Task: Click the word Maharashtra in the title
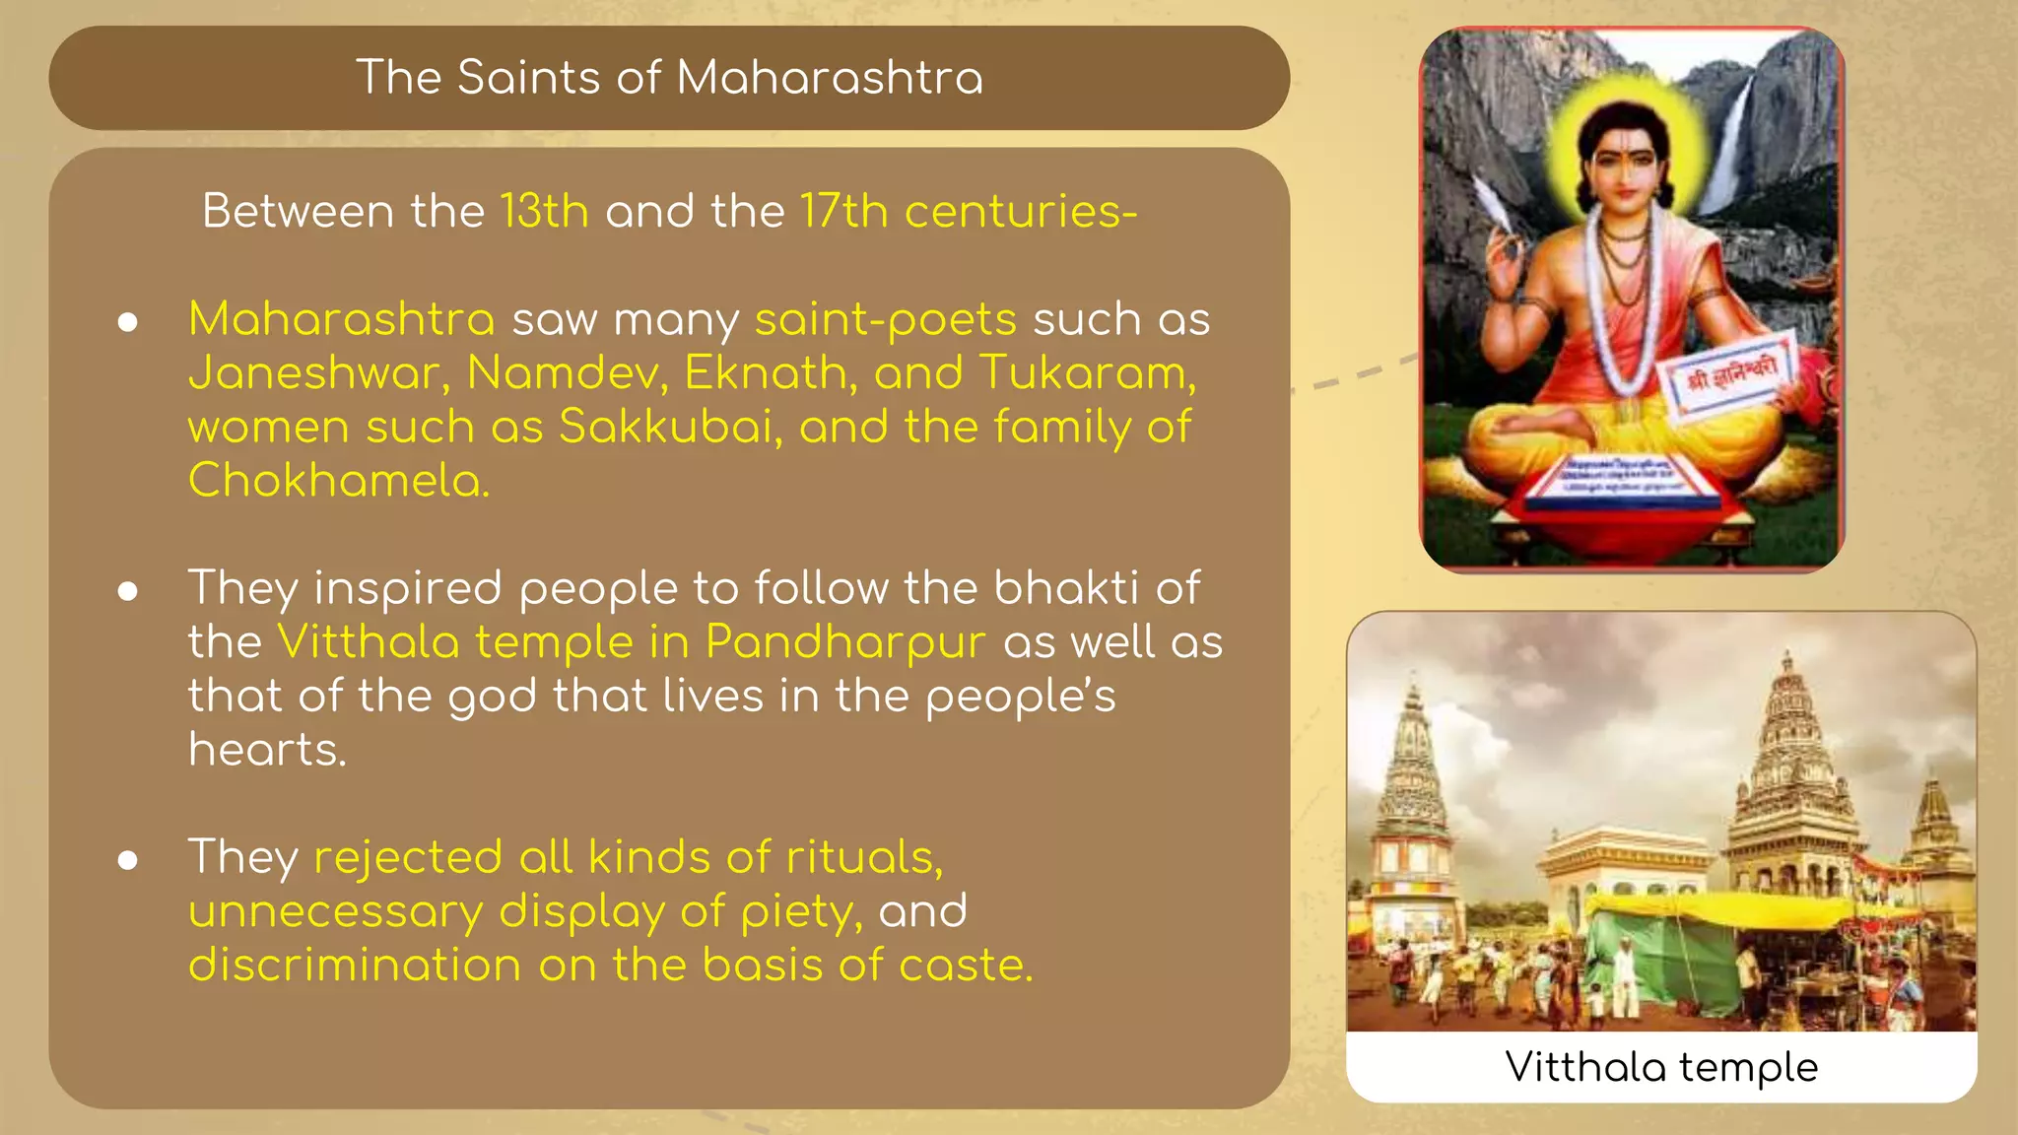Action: [830, 78]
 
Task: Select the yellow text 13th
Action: [544, 212]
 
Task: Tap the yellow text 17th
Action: [843, 212]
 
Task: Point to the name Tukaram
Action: [1087, 374]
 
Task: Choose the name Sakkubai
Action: [670, 428]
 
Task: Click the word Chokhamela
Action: [338, 481]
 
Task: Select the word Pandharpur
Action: [845, 642]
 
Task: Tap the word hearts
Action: [267, 750]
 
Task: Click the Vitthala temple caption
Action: [1661, 1067]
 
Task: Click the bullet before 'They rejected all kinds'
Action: [127, 860]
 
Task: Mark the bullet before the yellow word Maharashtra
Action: [127, 322]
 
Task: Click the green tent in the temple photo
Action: [1665, 961]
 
